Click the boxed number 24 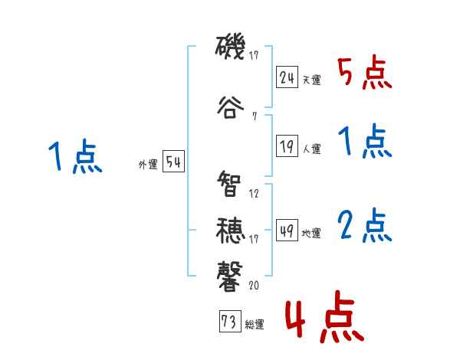pos(287,78)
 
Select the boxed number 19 pos(287,146)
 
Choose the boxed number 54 pos(173,162)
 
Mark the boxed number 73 pos(229,322)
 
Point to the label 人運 pos(311,149)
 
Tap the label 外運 pos(148,165)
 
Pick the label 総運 pos(254,325)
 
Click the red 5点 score pos(364,74)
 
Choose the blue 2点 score pos(364,224)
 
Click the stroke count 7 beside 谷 pos(254,116)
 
